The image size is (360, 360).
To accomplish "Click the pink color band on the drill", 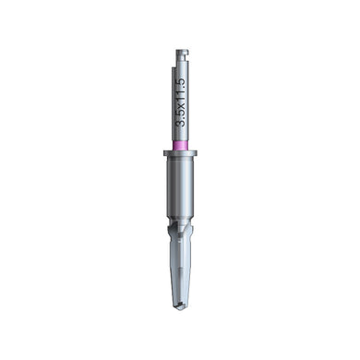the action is (x=180, y=145).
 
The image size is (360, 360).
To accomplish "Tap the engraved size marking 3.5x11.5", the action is (x=180, y=102).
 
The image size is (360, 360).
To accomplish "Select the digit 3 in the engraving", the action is (x=180, y=123).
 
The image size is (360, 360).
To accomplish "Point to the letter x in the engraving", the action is (x=181, y=105).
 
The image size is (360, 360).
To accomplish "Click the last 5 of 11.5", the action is (x=180, y=81).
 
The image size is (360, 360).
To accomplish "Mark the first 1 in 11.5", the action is (x=180, y=98).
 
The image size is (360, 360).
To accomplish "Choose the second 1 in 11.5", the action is (x=180, y=91).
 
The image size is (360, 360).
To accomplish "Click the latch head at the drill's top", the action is (x=182, y=54).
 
